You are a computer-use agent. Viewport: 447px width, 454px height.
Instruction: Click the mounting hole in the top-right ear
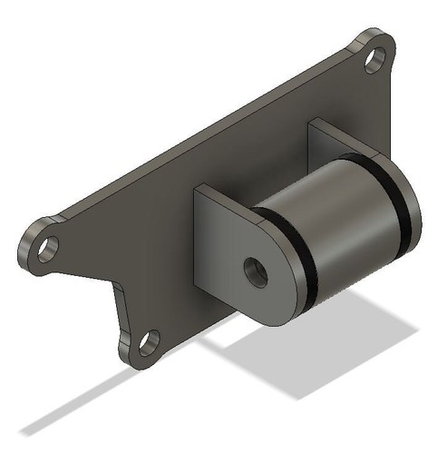coord(373,61)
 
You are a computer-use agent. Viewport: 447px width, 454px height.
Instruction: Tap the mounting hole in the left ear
coord(47,247)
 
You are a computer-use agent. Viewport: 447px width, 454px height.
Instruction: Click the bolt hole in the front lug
coord(257,271)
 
